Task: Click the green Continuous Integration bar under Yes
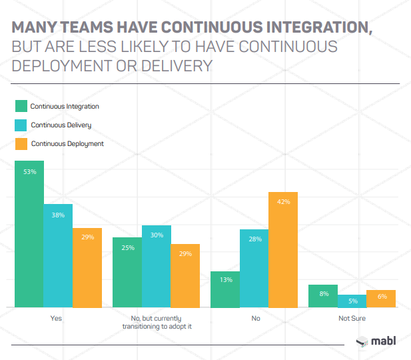point(29,233)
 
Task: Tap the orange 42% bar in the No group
point(283,249)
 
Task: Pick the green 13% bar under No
point(225,289)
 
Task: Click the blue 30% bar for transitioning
point(157,266)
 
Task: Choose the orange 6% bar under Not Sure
point(381,299)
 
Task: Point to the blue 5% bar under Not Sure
point(352,301)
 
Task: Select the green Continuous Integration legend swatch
point(21,106)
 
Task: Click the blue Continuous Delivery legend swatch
point(21,125)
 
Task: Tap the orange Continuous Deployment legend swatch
point(21,143)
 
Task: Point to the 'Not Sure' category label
point(352,319)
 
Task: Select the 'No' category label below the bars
point(255,319)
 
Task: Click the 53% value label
point(29,172)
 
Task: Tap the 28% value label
point(254,239)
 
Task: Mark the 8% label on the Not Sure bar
point(323,294)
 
